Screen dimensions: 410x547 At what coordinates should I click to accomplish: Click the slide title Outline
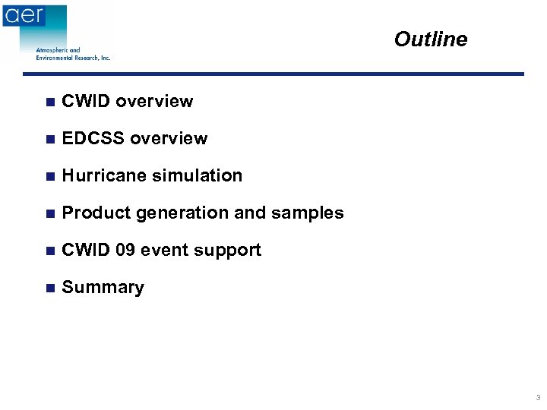(x=430, y=39)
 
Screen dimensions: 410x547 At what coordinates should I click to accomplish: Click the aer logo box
(x=24, y=16)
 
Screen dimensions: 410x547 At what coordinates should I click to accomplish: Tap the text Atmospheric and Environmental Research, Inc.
(x=73, y=54)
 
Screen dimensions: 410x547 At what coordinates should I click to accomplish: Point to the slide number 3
(x=538, y=398)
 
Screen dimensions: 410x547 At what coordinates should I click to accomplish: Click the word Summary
(x=103, y=288)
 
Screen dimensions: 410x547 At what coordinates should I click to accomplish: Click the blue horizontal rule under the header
(x=273, y=74)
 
